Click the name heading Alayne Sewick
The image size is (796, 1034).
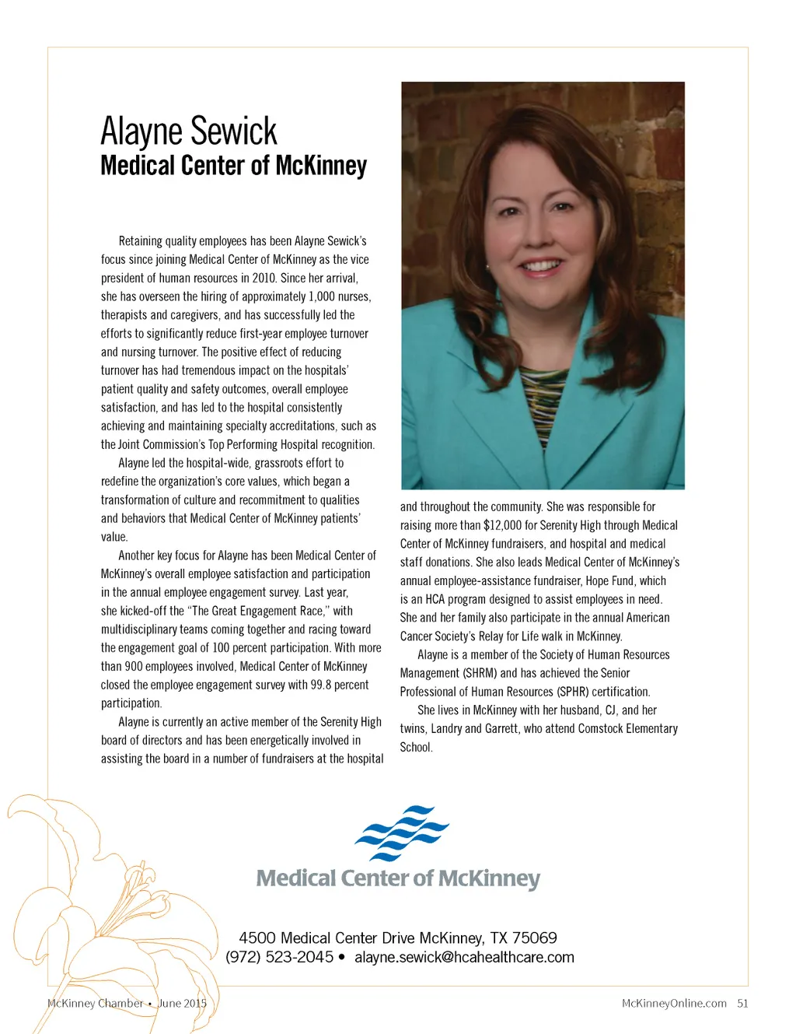pyautogui.click(x=189, y=131)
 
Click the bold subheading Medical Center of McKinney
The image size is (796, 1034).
pyautogui.click(x=233, y=166)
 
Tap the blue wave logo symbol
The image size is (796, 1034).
pyautogui.click(x=402, y=832)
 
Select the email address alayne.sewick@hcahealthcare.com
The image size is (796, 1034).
pyautogui.click(x=464, y=957)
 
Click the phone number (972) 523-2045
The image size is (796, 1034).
pyautogui.click(x=279, y=957)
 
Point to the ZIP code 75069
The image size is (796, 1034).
pyautogui.click(x=534, y=938)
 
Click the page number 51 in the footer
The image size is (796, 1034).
pyautogui.click(x=742, y=1003)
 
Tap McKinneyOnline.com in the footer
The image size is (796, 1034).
pyautogui.click(x=674, y=1003)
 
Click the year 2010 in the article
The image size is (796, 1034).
pyautogui.click(x=264, y=278)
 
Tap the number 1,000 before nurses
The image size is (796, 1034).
pyautogui.click(x=321, y=296)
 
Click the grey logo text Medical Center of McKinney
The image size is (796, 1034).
pyautogui.click(x=398, y=878)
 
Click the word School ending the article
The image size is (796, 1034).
pyautogui.click(x=416, y=747)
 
